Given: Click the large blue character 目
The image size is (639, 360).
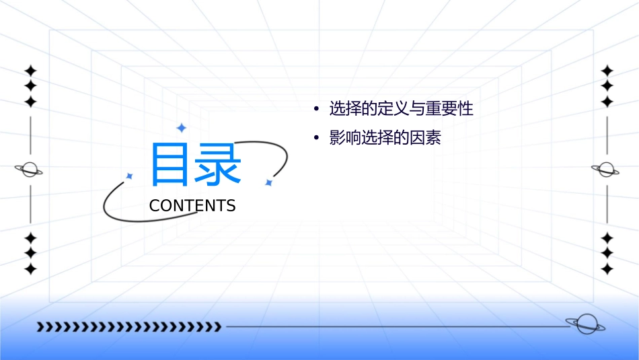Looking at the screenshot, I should [x=171, y=165].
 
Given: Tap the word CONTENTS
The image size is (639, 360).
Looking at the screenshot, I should [x=192, y=206].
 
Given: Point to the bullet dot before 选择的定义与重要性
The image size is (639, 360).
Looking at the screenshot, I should [x=315, y=109].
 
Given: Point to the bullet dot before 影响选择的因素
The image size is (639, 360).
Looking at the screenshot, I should [x=315, y=139].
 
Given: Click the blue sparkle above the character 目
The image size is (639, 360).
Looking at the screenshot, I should [x=181, y=127].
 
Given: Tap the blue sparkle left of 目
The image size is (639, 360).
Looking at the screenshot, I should [x=129, y=176].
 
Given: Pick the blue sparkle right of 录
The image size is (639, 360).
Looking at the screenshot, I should [x=268, y=182].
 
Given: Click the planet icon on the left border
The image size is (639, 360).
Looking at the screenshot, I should [x=29, y=170].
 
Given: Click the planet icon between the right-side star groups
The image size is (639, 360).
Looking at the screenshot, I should [x=606, y=170].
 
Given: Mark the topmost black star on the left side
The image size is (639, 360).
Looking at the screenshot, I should [x=30, y=71].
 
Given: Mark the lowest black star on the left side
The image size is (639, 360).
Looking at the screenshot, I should [x=30, y=268].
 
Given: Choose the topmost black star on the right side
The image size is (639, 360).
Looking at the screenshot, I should [x=607, y=71].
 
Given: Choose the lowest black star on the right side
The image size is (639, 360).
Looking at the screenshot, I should [x=607, y=268].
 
